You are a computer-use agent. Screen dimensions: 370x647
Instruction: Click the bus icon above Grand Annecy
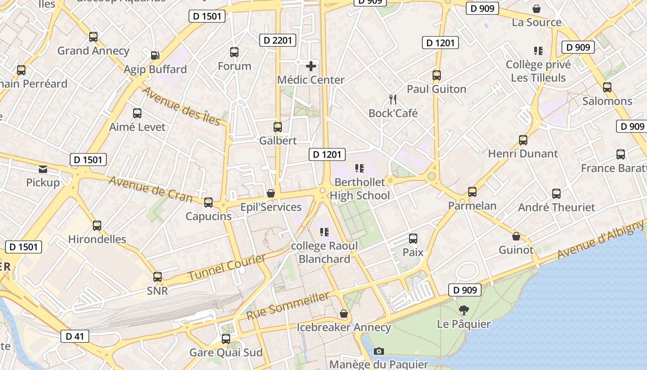[x=93, y=37]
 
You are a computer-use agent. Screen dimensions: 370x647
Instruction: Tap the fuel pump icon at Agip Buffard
[x=155, y=55]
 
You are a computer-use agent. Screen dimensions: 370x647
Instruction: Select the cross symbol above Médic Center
[x=311, y=66]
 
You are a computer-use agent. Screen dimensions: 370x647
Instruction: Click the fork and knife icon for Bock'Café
[x=393, y=99]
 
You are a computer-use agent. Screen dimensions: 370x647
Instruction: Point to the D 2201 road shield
[x=278, y=40]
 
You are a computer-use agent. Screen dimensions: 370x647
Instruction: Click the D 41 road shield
[x=74, y=336]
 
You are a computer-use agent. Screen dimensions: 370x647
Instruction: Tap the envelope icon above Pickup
[x=43, y=169]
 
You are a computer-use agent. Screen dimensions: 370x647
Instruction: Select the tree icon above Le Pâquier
[x=464, y=310]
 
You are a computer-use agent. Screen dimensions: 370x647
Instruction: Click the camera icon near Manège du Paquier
[x=379, y=351]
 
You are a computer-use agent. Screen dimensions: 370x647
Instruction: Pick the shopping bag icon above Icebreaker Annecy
[x=344, y=314]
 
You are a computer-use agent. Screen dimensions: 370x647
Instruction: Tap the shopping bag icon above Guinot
[x=516, y=236]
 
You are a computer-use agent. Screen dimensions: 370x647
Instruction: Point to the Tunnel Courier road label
[x=226, y=267]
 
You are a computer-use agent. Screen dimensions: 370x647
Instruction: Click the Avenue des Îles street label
[x=181, y=105]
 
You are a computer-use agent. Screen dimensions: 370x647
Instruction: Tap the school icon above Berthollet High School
[x=359, y=168]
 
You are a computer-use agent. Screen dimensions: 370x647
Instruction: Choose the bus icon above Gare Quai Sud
[x=226, y=339]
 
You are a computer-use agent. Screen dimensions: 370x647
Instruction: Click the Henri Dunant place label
[x=523, y=154]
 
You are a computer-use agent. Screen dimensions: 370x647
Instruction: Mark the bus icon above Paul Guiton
[x=437, y=75]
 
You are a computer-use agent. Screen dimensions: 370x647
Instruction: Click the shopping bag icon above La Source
[x=537, y=8]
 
